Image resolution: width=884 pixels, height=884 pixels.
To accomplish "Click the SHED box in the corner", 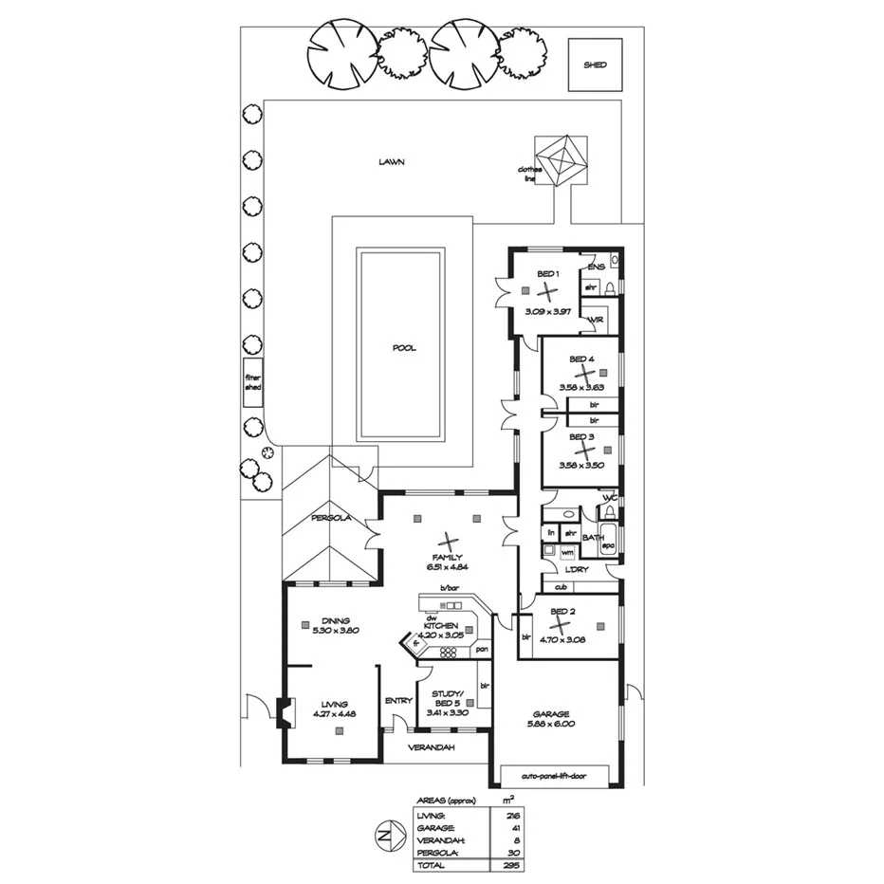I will click(x=595, y=64).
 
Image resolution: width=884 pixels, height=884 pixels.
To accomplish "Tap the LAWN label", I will click(x=392, y=162).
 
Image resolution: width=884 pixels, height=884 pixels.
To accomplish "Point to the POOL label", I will click(x=404, y=348).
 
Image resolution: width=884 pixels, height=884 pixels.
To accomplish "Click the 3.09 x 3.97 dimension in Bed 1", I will click(x=548, y=310).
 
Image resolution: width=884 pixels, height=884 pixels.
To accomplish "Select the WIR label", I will click(x=597, y=321).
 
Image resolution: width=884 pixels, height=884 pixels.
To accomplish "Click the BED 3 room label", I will click(x=581, y=437).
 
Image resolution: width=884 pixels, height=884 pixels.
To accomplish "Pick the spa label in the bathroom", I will click(x=609, y=546).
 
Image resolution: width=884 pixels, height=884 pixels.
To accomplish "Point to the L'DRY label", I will click(x=578, y=569).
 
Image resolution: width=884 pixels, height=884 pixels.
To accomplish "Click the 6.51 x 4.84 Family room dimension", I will click(x=444, y=567).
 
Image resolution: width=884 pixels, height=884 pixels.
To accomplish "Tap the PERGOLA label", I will click(x=332, y=518).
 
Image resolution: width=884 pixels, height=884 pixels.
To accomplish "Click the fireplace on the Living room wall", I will click(x=281, y=712).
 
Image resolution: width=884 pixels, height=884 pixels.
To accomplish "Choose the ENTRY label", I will click(x=398, y=701).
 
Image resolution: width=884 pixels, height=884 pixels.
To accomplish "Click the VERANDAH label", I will click(x=432, y=747).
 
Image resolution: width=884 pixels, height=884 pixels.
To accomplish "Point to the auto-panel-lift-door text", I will click(x=553, y=775).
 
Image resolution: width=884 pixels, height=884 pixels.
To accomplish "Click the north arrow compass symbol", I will click(x=385, y=838).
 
